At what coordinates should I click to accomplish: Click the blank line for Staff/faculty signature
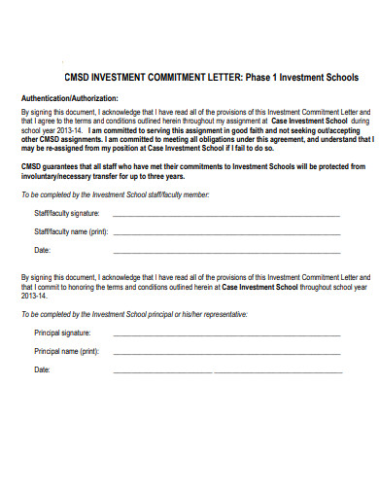[226, 215]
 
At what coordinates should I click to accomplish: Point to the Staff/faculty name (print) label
[71, 232]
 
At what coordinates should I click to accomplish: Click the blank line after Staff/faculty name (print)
[226, 234]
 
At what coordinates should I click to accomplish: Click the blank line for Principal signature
[226, 334]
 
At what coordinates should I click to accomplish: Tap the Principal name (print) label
[67, 351]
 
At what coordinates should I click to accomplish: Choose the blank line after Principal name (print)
[226, 353]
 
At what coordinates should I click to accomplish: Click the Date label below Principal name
[42, 369]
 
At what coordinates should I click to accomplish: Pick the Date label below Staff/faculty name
[42, 250]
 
